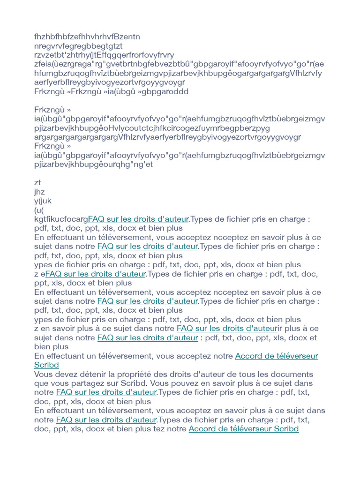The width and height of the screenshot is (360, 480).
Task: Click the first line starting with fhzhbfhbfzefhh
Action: tap(87, 37)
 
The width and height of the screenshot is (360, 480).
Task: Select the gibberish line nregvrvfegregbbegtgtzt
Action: tap(78, 46)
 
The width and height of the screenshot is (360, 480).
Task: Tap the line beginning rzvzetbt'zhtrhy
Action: tap(104, 55)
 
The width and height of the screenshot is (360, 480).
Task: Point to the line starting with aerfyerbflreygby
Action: tap(110, 82)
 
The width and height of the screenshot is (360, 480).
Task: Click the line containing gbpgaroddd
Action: tap(112, 91)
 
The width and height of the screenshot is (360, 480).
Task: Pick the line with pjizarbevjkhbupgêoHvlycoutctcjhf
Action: tap(152, 128)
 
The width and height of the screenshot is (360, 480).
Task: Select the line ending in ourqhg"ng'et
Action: tap(94, 165)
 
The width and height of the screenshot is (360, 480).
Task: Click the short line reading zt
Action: tap(37, 183)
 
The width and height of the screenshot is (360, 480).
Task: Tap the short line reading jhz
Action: tap(39, 192)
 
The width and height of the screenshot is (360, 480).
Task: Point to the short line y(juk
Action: tap(43, 201)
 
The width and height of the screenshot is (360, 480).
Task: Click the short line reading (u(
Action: tap(39, 210)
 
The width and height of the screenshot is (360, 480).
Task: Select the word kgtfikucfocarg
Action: tap(61, 219)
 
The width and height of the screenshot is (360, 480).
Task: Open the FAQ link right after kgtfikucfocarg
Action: tap(138, 219)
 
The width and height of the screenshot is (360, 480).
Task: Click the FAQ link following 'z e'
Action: tap(96, 274)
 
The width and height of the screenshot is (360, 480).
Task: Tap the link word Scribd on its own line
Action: tap(46, 365)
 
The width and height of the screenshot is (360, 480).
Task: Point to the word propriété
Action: tap(135, 374)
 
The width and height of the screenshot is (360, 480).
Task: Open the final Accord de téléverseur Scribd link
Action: tap(243, 429)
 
